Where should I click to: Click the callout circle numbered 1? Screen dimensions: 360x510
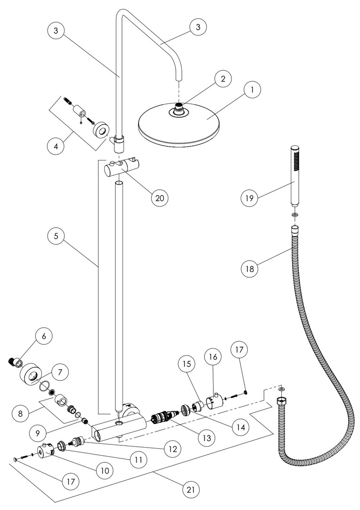[x=253, y=89]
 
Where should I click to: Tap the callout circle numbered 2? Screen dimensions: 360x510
[x=223, y=79]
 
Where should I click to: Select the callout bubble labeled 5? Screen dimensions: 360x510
[x=56, y=236]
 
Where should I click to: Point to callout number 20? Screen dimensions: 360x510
[x=160, y=198]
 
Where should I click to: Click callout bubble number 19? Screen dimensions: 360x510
[x=249, y=198]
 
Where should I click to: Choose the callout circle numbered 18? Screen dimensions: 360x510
[x=249, y=269]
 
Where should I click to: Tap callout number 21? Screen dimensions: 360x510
[x=190, y=490]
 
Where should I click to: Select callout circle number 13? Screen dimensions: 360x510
[x=207, y=438]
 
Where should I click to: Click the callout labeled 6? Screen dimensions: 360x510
[x=44, y=336]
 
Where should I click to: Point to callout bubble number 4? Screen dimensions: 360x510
[x=56, y=146]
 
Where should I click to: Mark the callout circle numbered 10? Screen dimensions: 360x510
[x=105, y=470]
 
